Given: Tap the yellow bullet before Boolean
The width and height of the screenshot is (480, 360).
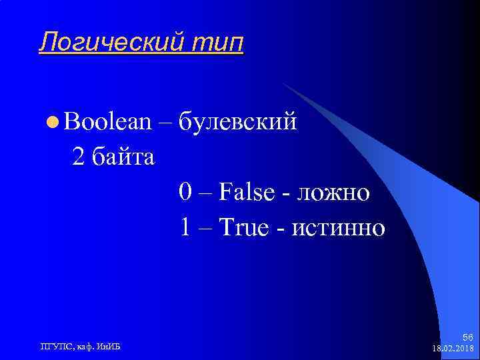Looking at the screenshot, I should [53, 123].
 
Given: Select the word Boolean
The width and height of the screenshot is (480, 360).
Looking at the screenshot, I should [107, 122].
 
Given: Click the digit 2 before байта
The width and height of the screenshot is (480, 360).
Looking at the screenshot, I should [78, 158].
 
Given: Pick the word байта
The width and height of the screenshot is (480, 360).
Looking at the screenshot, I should [123, 158].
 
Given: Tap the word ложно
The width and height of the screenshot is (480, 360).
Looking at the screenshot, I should [333, 193].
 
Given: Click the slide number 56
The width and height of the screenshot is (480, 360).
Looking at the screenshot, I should [467, 338].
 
